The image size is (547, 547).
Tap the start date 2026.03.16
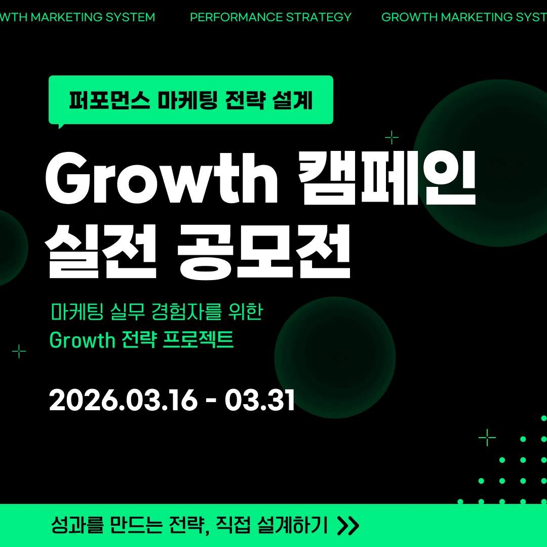[123, 401]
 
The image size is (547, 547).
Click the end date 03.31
[260, 401]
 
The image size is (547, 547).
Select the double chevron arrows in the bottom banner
[348, 526]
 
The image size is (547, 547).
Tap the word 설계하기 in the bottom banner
[292, 525]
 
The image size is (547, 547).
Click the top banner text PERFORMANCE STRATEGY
[270, 17]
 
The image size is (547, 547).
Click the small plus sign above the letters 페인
[392, 137]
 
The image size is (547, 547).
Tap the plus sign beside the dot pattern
[487, 437]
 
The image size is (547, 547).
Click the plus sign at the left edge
[19, 351]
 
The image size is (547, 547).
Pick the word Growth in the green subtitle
[83, 340]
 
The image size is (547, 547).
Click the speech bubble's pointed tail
[61, 125]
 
